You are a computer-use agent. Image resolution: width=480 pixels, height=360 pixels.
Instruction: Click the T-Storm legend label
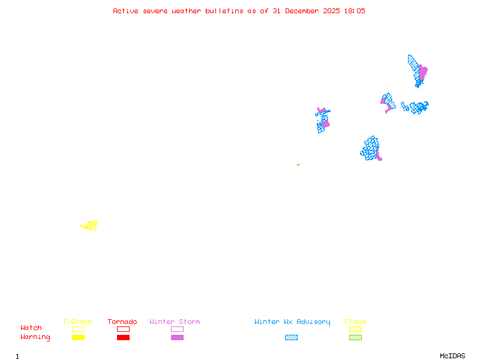(x=77, y=322)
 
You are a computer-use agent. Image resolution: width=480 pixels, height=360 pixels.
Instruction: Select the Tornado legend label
(x=122, y=322)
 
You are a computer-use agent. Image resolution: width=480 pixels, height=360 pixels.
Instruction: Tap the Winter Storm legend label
(x=175, y=322)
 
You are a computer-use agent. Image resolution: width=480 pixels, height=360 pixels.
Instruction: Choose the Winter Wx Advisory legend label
(x=292, y=322)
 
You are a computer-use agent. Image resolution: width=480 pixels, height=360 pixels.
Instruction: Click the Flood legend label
(x=355, y=322)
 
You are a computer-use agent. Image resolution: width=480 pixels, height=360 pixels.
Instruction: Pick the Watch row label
(x=31, y=328)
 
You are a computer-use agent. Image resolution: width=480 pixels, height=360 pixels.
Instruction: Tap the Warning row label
(x=35, y=337)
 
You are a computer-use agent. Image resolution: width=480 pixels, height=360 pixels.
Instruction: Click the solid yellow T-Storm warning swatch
(x=78, y=337)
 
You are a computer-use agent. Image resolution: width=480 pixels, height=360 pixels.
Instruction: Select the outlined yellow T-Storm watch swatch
(x=78, y=329)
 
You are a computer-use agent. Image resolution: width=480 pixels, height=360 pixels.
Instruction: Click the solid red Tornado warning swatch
(x=123, y=337)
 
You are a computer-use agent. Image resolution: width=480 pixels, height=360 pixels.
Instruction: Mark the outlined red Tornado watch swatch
(x=123, y=329)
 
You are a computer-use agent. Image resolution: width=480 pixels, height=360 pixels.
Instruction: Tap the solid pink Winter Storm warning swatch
(x=177, y=337)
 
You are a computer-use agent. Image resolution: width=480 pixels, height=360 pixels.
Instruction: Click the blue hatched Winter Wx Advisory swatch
(x=291, y=337)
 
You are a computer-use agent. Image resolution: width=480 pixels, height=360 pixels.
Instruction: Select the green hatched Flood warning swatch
(x=355, y=337)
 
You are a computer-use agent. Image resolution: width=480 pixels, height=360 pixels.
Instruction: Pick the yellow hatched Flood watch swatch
(x=355, y=329)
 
